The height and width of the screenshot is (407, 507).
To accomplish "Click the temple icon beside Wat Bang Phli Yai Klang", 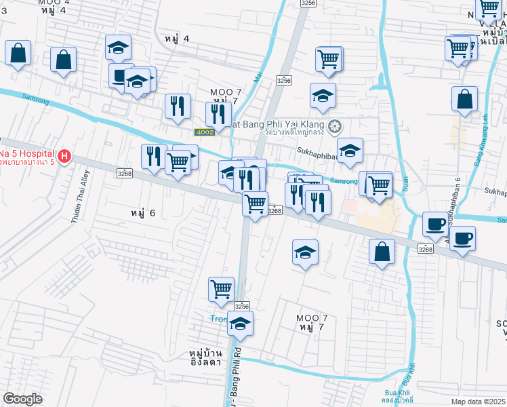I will click(x=334, y=126).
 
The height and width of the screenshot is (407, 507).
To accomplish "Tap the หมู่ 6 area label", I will click(x=142, y=213).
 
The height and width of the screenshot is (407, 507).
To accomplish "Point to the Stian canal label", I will click(x=405, y=182).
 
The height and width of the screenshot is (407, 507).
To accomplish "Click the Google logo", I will click(x=22, y=399).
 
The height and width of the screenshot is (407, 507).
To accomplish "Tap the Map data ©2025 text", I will click(x=479, y=402).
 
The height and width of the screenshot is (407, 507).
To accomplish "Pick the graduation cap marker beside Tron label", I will click(x=240, y=324).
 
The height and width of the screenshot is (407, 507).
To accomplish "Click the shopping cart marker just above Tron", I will click(x=221, y=289).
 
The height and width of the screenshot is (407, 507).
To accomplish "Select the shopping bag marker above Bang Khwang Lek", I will click(x=465, y=99).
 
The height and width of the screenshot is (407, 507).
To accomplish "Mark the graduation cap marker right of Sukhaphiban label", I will click(x=350, y=151).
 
